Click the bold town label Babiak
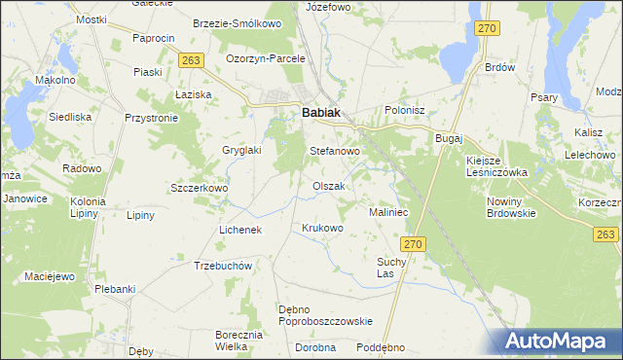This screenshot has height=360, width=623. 321,113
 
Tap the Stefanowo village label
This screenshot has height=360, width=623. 335,152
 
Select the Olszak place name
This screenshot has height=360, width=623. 329,186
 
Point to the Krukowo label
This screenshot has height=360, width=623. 323,229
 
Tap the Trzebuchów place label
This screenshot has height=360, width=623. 224,266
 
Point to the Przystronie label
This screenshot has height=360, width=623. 151,117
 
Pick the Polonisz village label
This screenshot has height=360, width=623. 406,111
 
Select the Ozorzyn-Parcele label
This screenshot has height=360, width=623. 266,58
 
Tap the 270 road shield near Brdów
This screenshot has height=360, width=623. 488,29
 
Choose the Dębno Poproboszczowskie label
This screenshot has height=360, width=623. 325,315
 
